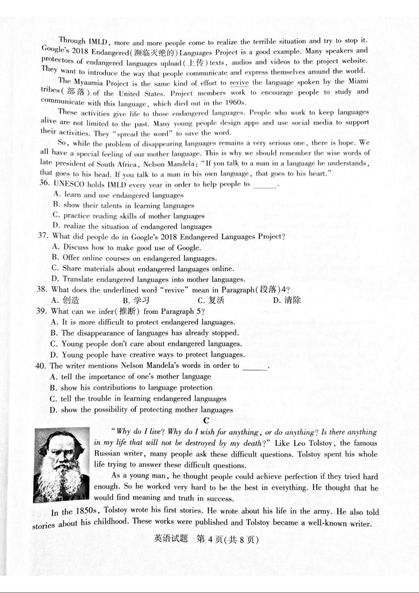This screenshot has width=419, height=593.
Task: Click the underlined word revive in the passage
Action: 239,83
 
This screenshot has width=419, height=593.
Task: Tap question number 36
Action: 44,183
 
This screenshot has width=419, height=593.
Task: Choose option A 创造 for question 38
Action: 66,300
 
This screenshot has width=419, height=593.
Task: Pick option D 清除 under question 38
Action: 287,300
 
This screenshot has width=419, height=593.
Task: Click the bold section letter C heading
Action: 206,420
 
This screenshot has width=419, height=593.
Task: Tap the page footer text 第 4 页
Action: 210,539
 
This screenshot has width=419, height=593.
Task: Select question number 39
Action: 41,311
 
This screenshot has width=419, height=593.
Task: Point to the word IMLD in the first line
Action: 98,42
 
